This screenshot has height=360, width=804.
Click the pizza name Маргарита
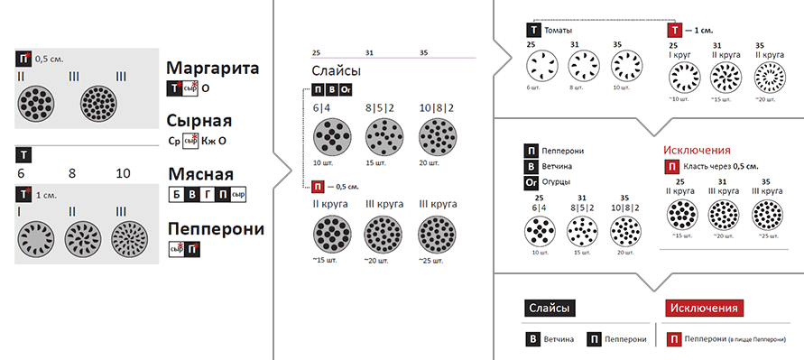(x=213, y=69)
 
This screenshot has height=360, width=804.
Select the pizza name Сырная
(x=199, y=121)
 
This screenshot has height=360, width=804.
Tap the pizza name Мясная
(x=201, y=174)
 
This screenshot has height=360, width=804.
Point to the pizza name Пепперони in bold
(x=217, y=228)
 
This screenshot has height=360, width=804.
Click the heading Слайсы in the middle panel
(x=336, y=70)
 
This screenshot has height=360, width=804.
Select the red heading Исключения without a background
(x=697, y=151)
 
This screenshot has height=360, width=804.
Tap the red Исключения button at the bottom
(x=704, y=309)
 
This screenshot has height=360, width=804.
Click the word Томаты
(x=559, y=31)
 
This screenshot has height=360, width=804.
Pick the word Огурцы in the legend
(x=556, y=182)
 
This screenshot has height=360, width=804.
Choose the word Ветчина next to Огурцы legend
(x=557, y=167)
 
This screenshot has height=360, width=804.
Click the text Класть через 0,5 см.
(x=721, y=167)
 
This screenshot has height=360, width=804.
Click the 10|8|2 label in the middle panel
(x=437, y=108)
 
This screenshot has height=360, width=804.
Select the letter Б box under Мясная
(x=176, y=195)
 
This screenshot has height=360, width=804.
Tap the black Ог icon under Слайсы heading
(x=345, y=90)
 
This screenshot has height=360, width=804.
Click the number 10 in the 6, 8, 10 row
(x=123, y=173)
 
